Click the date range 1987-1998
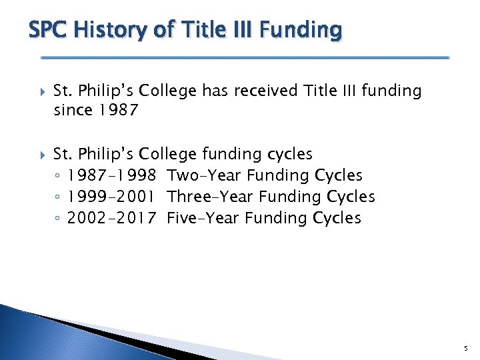111,176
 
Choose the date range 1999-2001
111,197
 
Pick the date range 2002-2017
111,219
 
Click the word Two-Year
204,176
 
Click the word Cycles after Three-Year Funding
351,197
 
